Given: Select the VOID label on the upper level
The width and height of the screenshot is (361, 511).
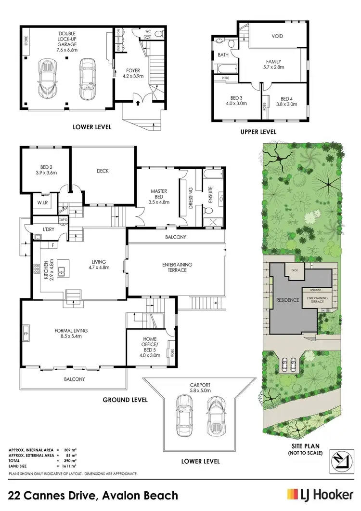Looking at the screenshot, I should click(277, 36).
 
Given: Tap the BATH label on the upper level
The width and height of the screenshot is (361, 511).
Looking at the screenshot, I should click(223, 55).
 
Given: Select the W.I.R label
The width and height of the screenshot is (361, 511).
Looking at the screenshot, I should click(41, 202).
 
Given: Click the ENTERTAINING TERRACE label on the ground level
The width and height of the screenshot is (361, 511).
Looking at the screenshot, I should click(177, 267).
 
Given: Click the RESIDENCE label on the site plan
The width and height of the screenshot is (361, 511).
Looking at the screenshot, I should click(288, 300).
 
